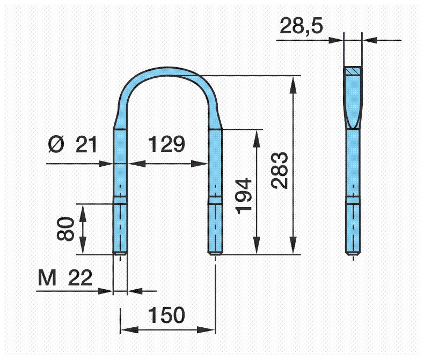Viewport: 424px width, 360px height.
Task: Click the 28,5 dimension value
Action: pyautogui.click(x=301, y=26)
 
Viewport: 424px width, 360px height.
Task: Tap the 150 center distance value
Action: pyautogui.click(x=166, y=315)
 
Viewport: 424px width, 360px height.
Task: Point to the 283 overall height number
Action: pyautogui.click(x=280, y=170)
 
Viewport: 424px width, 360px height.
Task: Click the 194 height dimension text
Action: pyautogui.click(x=243, y=196)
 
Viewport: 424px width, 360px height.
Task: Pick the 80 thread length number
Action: pyautogui.click(x=65, y=229)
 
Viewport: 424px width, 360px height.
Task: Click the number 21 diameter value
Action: pyautogui.click(x=86, y=145)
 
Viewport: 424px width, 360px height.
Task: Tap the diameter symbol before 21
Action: pyautogui.click(x=56, y=145)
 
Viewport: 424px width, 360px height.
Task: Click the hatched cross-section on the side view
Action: pyautogui.click(x=353, y=71)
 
